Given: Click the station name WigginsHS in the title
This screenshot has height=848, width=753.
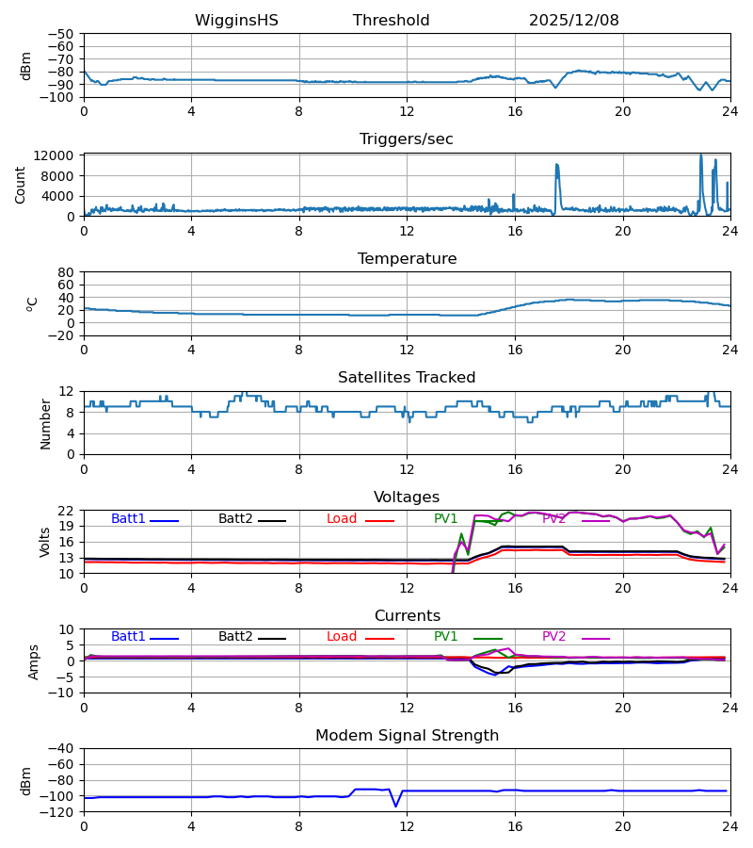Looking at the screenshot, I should pos(236,21).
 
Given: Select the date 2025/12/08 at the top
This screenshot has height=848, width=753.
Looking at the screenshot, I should pos(573,21).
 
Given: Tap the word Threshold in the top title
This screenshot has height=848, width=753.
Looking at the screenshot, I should pos(391,21).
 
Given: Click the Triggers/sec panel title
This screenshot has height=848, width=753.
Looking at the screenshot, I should pos(407,139).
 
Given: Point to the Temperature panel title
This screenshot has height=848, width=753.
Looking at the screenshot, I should pos(407,259).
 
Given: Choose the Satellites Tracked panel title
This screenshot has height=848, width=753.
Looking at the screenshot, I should pos(407,378).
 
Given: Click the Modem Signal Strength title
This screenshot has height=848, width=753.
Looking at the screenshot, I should pos(407,736).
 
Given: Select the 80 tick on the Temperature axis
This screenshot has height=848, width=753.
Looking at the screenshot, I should pos(66,272).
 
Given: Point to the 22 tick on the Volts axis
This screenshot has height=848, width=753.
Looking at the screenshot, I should pos(66,511).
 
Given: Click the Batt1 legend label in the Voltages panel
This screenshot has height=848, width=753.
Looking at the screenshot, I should pos(128,519).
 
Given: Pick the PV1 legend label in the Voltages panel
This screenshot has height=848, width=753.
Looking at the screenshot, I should pos(445,519).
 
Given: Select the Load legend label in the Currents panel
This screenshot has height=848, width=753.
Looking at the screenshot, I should pos(341,637).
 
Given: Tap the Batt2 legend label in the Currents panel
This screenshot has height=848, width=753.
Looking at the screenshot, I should pos(235,637).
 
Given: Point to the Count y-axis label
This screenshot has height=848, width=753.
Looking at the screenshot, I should pos(21,185).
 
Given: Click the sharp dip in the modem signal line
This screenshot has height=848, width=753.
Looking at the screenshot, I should pos(396,806).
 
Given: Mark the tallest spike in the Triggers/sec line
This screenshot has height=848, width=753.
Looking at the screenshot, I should pos(700,155).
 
